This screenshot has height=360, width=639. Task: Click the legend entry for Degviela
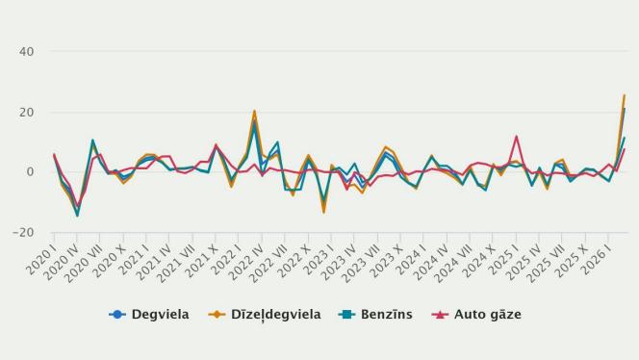tap(155, 314)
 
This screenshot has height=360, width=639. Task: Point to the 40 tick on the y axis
tap(26, 52)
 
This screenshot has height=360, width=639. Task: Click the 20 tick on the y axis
tap(26, 113)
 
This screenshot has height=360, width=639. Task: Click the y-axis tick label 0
tap(31, 172)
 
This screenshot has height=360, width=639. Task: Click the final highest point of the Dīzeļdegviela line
tap(624, 95)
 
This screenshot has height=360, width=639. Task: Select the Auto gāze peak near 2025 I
tap(517, 137)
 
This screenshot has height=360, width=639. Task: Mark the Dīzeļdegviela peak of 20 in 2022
tap(254, 112)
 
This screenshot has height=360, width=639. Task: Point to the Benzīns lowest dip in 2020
tap(77, 216)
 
